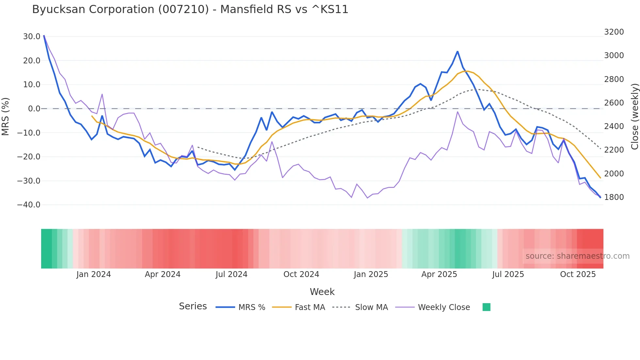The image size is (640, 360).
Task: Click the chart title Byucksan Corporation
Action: (190, 9)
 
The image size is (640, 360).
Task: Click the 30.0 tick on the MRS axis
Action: (32, 37)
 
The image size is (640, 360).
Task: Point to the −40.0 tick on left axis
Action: (29, 205)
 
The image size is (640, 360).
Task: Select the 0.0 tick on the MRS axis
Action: (34, 109)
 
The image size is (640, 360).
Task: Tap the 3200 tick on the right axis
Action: (614, 32)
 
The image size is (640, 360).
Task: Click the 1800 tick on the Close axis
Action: (614, 197)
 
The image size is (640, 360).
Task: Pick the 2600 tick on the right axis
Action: (614, 103)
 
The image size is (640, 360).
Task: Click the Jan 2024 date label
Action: (94, 274)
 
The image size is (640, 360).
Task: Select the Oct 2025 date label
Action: (578, 274)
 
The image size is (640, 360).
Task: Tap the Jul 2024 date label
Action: (232, 274)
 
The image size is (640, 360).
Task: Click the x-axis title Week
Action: (322, 292)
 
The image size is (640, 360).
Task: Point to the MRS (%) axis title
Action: (6, 116)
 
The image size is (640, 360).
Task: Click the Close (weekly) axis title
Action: (634, 117)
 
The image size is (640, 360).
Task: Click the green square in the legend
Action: (486, 307)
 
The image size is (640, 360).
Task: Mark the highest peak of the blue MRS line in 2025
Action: (457, 52)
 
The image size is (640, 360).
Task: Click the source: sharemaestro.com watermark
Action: (577, 256)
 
